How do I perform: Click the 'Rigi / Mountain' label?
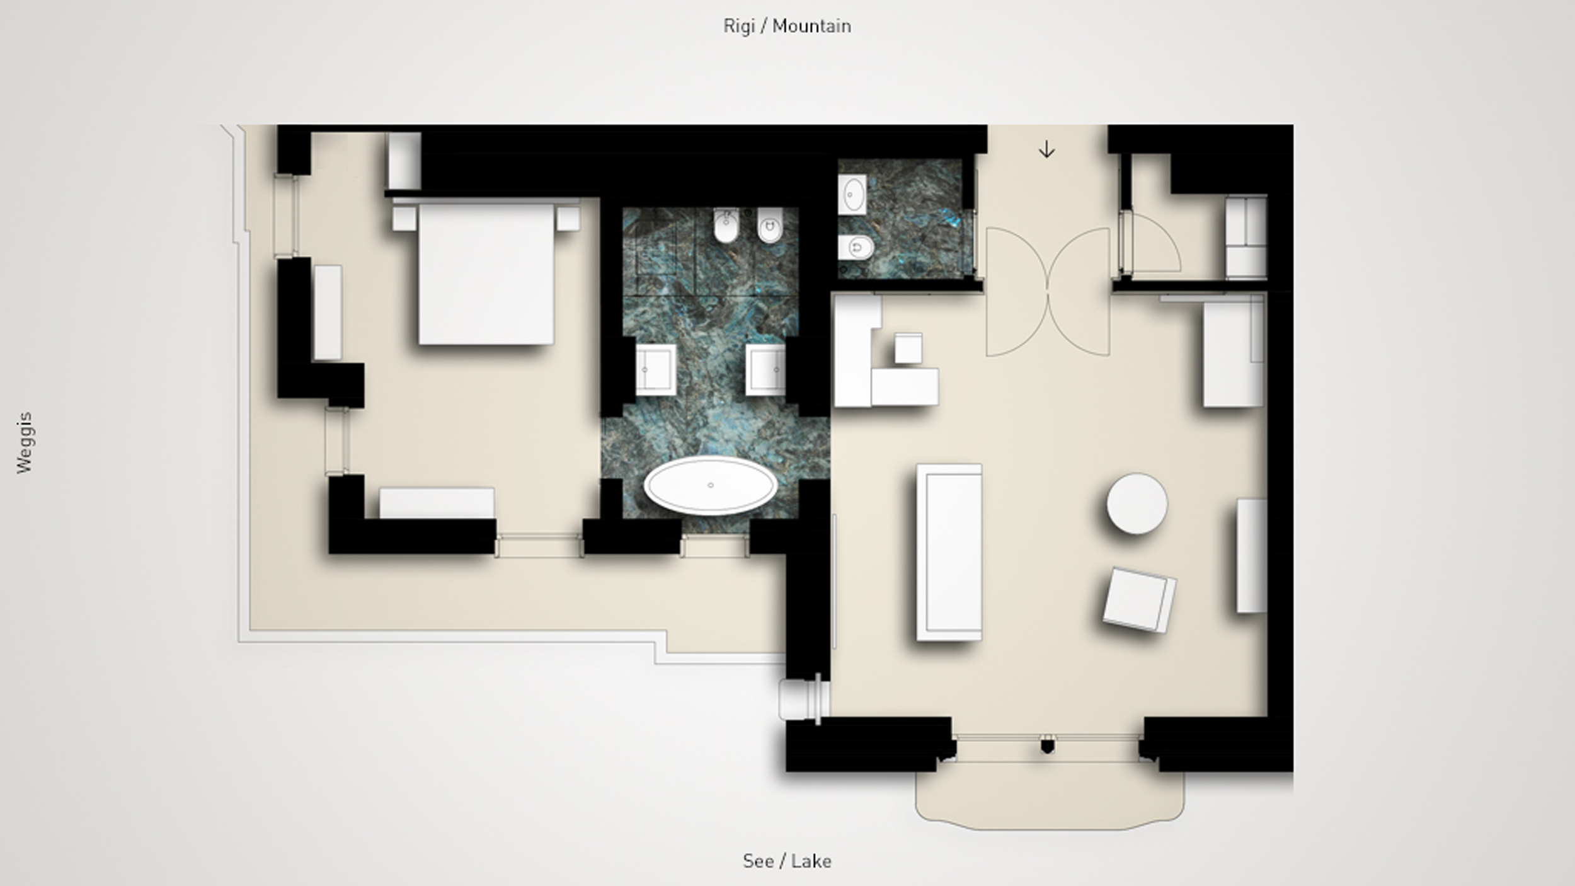click(787, 26)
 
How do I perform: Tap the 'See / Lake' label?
click(787, 861)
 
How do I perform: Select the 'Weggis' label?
click(24, 442)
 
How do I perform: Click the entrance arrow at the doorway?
click(1046, 150)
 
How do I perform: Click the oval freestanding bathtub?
click(711, 485)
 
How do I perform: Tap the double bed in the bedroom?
click(486, 273)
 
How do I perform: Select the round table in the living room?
click(1137, 503)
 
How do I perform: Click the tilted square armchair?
click(1139, 599)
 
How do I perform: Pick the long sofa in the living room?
click(949, 552)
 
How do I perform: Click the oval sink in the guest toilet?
click(852, 194)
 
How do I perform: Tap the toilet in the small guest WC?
click(856, 248)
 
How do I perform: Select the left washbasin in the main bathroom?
click(655, 370)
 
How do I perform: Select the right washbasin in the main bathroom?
click(765, 370)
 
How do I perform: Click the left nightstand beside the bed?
click(404, 219)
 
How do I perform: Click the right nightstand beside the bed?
click(568, 219)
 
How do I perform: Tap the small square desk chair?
click(908, 348)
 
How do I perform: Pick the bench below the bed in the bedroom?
click(437, 503)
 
